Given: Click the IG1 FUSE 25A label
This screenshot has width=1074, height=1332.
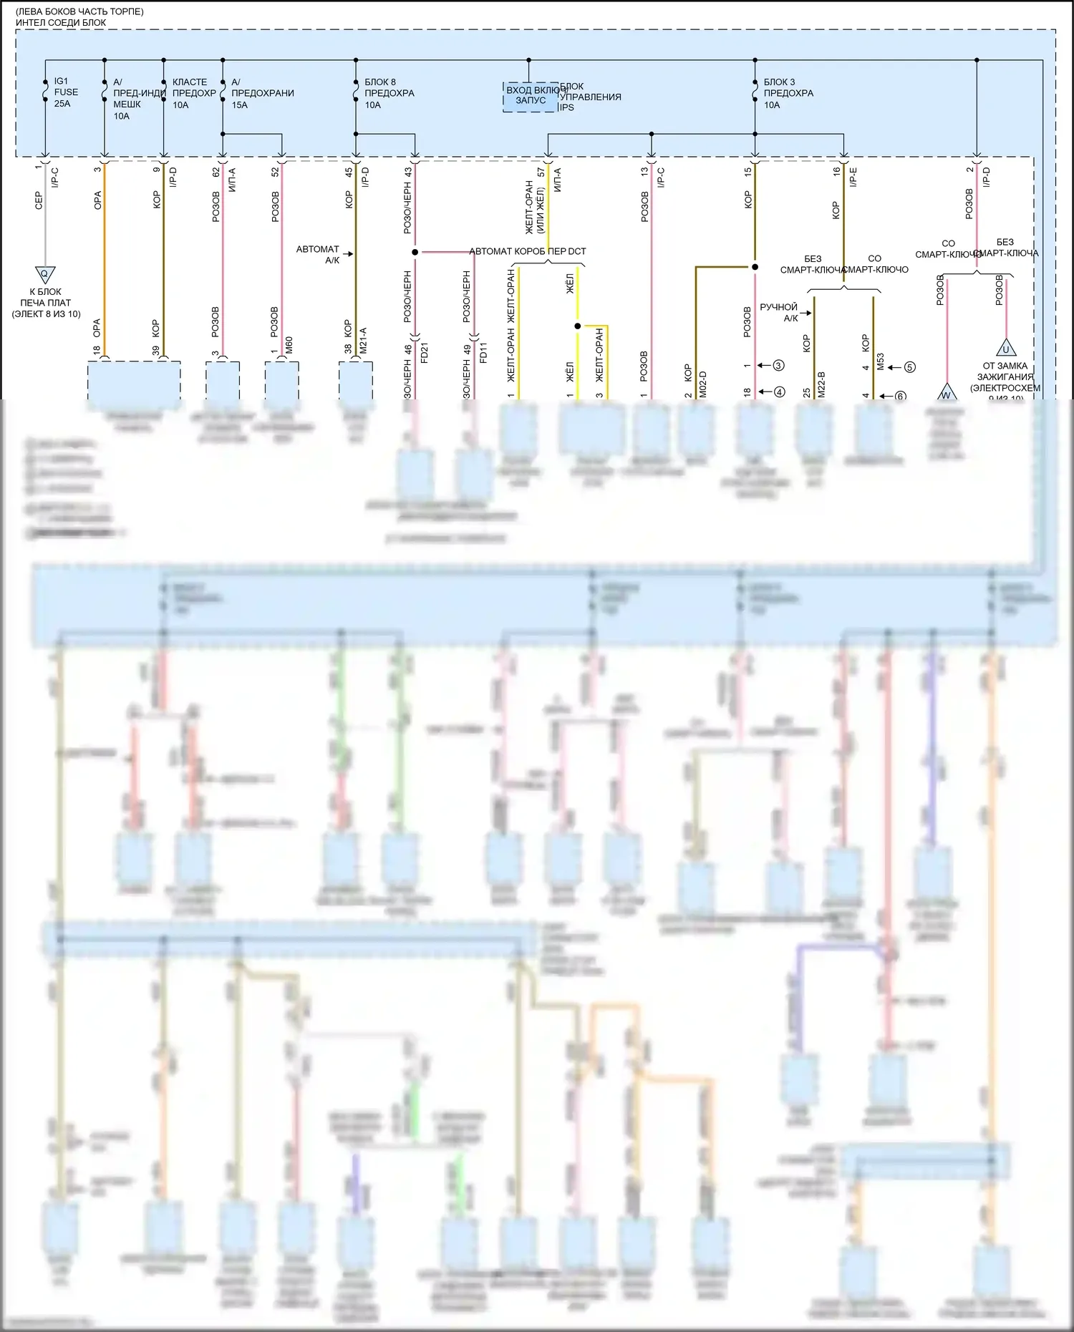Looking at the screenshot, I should [x=66, y=92].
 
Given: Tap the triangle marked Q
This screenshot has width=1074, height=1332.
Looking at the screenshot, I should [x=45, y=274].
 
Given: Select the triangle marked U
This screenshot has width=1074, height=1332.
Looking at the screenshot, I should [x=1006, y=349].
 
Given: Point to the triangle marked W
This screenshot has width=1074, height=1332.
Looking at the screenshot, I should [x=946, y=394].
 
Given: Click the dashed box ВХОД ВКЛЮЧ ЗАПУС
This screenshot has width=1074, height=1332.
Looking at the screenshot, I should [x=531, y=96].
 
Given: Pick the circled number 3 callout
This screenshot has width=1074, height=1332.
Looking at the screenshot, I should [x=778, y=365].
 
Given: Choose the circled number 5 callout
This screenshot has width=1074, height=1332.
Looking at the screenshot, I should [x=909, y=367].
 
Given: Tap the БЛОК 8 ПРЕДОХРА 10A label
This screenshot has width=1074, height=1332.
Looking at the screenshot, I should [x=389, y=93].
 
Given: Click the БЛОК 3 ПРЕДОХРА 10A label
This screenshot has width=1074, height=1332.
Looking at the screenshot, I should [x=788, y=93].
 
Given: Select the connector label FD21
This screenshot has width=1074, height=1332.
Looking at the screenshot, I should [x=425, y=354].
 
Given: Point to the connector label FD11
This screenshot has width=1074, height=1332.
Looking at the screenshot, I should [x=483, y=354].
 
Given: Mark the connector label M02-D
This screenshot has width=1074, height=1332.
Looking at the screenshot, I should [x=702, y=384].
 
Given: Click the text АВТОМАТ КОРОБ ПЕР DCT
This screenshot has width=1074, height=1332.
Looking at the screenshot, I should [x=528, y=251].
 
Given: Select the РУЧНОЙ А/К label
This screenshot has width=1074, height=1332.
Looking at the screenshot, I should [x=778, y=312].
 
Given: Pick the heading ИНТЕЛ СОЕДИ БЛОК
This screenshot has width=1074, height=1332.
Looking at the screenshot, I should [x=61, y=22].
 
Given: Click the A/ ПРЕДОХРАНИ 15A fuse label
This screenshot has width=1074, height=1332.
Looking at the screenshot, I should [x=262, y=93].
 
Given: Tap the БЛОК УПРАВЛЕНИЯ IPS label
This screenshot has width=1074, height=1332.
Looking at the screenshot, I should [x=590, y=97].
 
